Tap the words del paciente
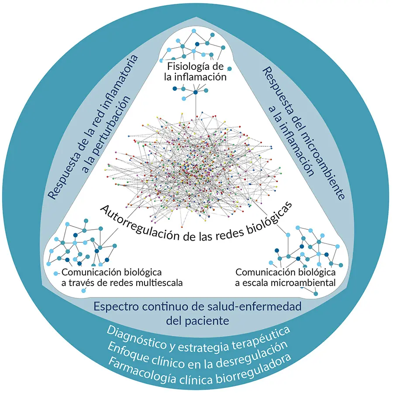tap(198, 321)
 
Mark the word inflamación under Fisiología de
tap(205, 77)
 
